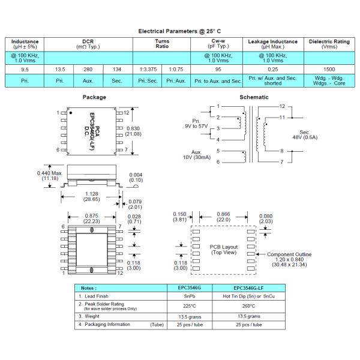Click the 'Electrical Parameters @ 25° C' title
(x=180, y=31)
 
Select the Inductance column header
(x=25, y=43)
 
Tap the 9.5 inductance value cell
(x=25, y=70)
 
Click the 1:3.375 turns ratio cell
(x=149, y=70)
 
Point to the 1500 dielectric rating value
(x=329, y=70)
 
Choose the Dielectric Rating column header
(x=329, y=43)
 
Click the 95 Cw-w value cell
(x=218, y=70)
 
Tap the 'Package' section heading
(x=95, y=97)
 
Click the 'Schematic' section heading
(x=254, y=97)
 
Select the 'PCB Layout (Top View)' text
(x=223, y=250)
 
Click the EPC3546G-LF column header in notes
(x=250, y=288)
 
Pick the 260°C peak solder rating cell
(x=250, y=305)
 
